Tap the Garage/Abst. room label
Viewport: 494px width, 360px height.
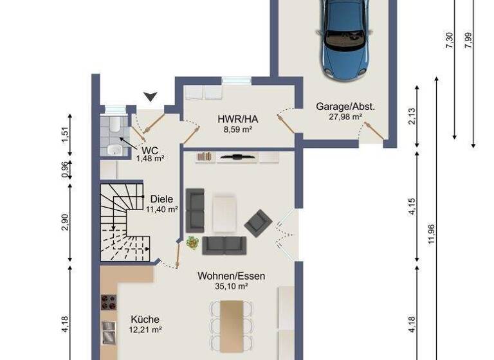[345, 107]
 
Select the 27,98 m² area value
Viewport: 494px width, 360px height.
[345, 116]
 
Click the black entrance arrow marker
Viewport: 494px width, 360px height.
[151, 96]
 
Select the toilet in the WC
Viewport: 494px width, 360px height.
[113, 125]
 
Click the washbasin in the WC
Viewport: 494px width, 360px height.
[114, 150]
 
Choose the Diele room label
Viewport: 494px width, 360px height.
[161, 199]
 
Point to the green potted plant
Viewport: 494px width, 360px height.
[192, 243]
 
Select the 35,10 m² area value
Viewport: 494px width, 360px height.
[231, 286]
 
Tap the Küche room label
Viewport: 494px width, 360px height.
[145, 319]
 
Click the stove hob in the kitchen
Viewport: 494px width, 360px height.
[108, 301]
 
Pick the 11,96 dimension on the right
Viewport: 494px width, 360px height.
[431, 234]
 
